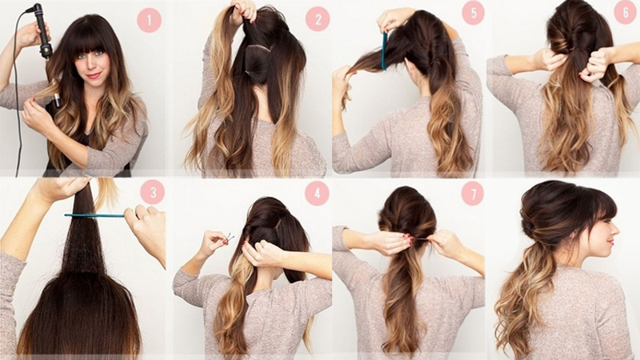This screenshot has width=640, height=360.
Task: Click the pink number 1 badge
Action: [149, 20]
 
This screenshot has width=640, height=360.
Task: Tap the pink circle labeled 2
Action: [318, 19]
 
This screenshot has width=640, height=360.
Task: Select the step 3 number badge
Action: [152, 192]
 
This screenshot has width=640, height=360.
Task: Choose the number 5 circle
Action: [473, 13]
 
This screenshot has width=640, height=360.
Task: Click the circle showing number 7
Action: [473, 193]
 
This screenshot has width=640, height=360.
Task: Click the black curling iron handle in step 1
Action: [42, 32]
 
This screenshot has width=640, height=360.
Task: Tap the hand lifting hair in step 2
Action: [244, 8]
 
